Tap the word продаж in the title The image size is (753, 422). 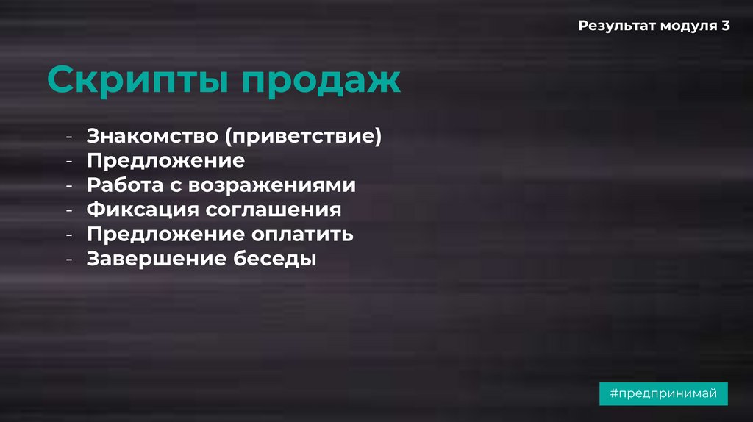coord(322,79)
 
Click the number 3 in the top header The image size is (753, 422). coord(726,26)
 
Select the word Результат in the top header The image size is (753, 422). coord(616,26)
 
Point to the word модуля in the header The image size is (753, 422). coord(688,26)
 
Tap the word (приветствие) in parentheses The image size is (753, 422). coord(304,137)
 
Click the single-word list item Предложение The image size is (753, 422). coord(165,160)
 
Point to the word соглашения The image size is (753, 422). coord(274,210)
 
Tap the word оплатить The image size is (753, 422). coord(303,235)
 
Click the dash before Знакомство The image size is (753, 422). coord(68,137)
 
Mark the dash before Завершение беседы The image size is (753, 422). coord(68,260)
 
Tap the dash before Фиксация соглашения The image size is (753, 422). coord(68,210)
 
